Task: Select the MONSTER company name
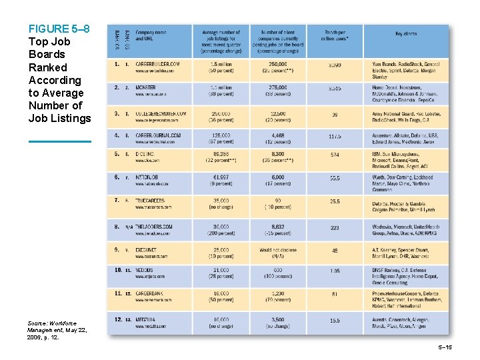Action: pos(147,87)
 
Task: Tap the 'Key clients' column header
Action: pos(407,33)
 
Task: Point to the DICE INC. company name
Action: pos(146,154)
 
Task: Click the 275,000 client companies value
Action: pos(278,87)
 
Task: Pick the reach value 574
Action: pos(335,155)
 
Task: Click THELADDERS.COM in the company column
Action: pos(154,227)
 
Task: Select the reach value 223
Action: pos(335,227)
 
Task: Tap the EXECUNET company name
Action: pos(146,249)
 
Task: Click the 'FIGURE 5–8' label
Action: pos(59,29)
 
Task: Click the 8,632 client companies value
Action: pos(278,227)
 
